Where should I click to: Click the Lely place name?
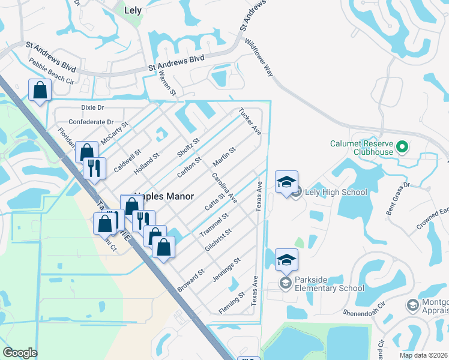(132, 10)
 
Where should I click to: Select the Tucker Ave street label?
(250, 122)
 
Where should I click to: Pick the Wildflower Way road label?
(259, 58)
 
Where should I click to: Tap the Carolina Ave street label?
(224, 188)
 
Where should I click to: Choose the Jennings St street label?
(226, 270)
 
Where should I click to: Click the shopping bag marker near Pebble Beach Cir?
(40, 91)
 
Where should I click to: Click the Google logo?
(20, 353)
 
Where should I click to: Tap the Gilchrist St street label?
(218, 241)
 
